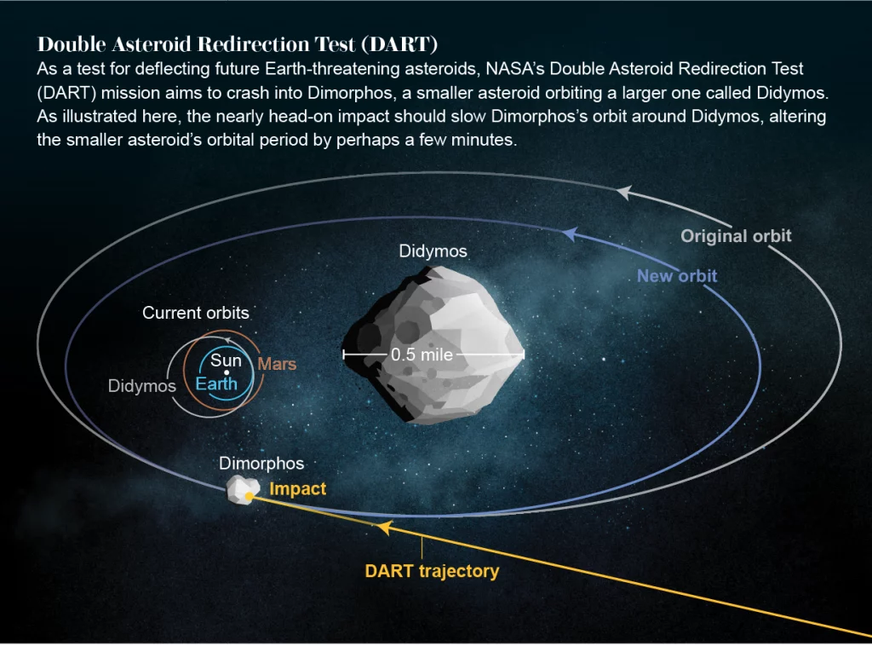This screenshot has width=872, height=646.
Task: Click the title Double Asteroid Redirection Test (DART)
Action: coord(238,44)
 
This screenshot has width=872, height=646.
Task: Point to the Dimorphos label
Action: coord(261,464)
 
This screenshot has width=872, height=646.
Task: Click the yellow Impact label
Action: coord(298,489)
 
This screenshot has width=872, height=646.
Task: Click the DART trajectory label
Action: coord(432,571)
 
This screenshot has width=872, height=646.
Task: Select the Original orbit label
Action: coord(736,236)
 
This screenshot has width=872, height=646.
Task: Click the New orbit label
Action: coord(677,276)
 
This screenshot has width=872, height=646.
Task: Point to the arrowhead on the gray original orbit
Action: coord(624,193)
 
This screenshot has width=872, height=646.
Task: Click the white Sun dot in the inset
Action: coord(226,373)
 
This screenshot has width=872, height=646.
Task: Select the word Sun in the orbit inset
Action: coord(226,360)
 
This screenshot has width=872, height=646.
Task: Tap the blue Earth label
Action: coord(216,384)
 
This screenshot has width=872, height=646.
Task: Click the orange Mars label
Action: coord(277,365)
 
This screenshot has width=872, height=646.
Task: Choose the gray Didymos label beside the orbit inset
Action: coord(142,386)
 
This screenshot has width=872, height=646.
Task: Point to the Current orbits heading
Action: coord(196,313)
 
